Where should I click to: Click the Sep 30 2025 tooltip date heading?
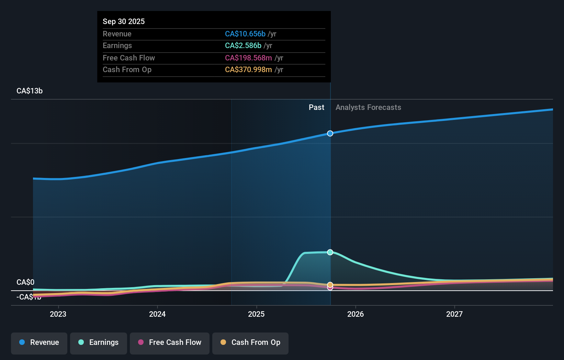point(124,21)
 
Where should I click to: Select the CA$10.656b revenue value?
point(245,34)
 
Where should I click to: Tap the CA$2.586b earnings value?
point(243,45)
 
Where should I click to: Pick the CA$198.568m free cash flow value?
point(248,58)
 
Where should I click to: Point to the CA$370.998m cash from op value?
point(248,69)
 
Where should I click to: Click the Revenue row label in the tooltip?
point(117,34)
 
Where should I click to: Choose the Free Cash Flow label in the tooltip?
point(128,58)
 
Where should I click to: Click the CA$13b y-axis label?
point(30,91)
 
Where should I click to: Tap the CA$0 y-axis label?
point(25,282)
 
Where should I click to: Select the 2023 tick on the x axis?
point(58,314)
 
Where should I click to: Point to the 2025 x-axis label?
point(256,314)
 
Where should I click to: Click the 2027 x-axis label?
point(454,314)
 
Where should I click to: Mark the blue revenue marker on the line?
point(330,133)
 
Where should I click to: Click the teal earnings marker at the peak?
point(330,252)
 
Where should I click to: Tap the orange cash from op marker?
point(330,284)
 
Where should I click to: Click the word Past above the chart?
point(316,107)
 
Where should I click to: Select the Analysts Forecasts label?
point(368,107)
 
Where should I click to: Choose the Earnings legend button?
point(99,342)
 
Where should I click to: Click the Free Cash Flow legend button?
point(170,342)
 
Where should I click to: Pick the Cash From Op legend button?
point(250,342)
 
